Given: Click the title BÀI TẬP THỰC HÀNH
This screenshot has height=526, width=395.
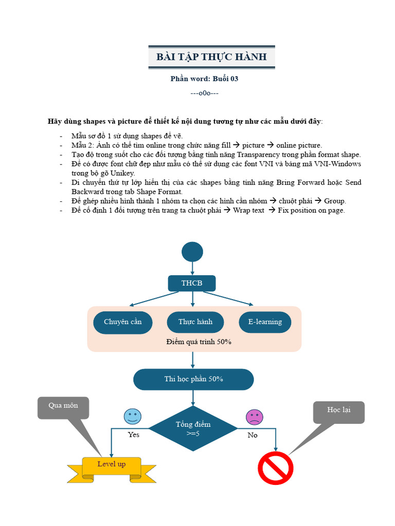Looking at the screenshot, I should point(211,57).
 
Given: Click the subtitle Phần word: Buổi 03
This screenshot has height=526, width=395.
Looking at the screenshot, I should point(204,79).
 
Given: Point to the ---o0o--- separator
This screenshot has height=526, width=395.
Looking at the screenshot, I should point(204,93).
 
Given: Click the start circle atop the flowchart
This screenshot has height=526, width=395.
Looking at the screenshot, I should point(192,252).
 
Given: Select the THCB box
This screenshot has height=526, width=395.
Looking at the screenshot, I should point(192,284).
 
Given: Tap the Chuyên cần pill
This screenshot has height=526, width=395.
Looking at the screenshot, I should point(122,322).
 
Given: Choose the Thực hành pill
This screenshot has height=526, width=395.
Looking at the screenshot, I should point(195,322).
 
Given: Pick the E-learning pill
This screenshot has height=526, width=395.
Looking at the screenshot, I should point(265,322).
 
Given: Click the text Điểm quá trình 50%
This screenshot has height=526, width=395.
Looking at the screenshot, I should point(199,342).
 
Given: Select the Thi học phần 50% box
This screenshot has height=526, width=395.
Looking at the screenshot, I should point(193,379).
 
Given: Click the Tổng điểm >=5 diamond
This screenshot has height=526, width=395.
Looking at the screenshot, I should point(193,428).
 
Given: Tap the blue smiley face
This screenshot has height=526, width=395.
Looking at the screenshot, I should point(132,417).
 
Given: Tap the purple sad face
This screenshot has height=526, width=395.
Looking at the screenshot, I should point(254,417).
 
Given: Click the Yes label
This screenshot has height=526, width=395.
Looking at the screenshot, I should point(133,435).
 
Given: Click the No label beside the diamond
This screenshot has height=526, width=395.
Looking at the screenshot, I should point(253,435).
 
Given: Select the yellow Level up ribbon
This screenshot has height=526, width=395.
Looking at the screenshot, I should point(112,465).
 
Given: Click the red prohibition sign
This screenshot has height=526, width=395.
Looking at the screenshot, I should point(275,468).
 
